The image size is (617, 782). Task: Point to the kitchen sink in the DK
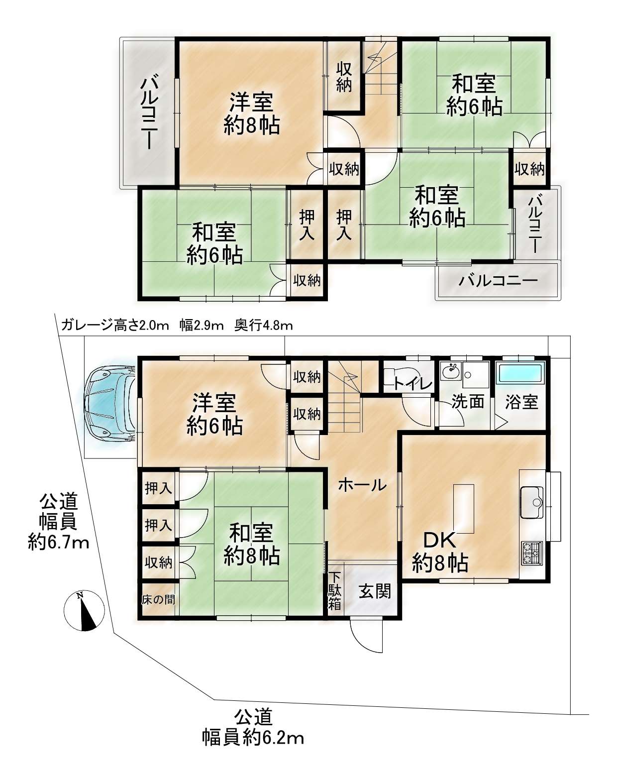[532, 503]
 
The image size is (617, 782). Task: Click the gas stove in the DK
[532, 553]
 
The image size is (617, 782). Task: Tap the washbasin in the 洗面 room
[451, 371]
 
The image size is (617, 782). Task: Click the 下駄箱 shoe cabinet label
[335, 591]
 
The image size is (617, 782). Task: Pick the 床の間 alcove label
[158, 600]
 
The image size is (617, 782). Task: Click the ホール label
[362, 485]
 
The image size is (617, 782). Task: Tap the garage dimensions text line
[177, 325]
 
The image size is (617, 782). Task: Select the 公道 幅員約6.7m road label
[59, 522]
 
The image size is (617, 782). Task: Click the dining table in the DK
[463, 509]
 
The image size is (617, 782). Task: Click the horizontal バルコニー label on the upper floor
[498, 281]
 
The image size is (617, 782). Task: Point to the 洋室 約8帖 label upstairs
[251, 113]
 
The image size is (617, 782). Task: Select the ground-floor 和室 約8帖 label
[251, 544]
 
